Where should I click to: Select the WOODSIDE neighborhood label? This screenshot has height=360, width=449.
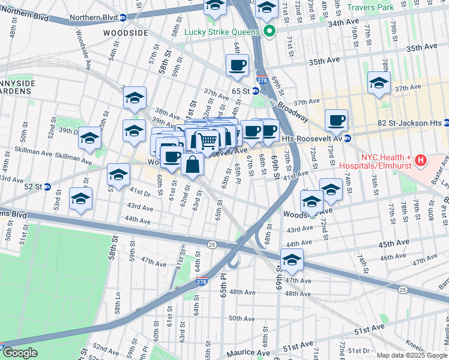pos(125,33)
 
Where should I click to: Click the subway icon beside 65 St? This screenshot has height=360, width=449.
pos(255,91)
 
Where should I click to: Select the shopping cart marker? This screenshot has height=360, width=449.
pos(207,142)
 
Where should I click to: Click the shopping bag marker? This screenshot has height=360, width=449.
pos(191,166)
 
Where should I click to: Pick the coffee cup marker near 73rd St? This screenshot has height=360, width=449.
pos(336,121)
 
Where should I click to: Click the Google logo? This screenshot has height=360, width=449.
pos(20,353)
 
